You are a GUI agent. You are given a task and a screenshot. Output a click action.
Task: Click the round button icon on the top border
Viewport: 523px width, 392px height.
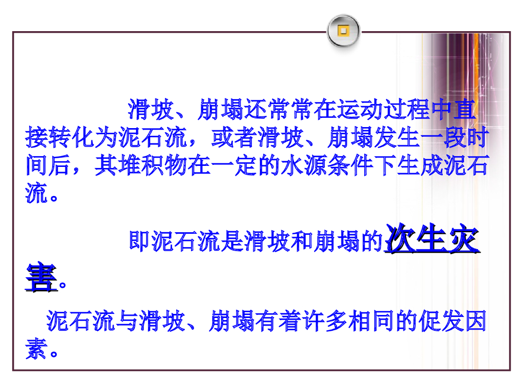click(344, 31)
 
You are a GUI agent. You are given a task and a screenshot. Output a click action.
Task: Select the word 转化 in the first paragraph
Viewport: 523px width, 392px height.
click(72, 137)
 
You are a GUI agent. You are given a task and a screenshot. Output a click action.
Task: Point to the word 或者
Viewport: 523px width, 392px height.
click(234, 137)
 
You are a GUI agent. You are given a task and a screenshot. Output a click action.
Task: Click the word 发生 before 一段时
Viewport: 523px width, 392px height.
click(397, 137)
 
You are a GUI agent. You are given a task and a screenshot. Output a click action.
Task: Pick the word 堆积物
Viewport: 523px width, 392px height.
click(153, 165)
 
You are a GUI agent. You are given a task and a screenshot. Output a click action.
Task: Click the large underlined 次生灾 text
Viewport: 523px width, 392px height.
click(432, 238)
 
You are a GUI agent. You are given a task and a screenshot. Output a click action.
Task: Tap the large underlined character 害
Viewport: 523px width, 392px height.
click(41, 277)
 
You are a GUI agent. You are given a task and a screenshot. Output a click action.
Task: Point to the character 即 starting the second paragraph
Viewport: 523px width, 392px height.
click(140, 241)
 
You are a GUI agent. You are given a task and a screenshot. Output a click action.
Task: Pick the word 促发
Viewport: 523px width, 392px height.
click(441, 321)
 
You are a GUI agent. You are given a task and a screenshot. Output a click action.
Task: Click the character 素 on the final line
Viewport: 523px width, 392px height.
click(36, 349)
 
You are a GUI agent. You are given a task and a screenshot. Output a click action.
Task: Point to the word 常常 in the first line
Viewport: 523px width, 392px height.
click(291, 109)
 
